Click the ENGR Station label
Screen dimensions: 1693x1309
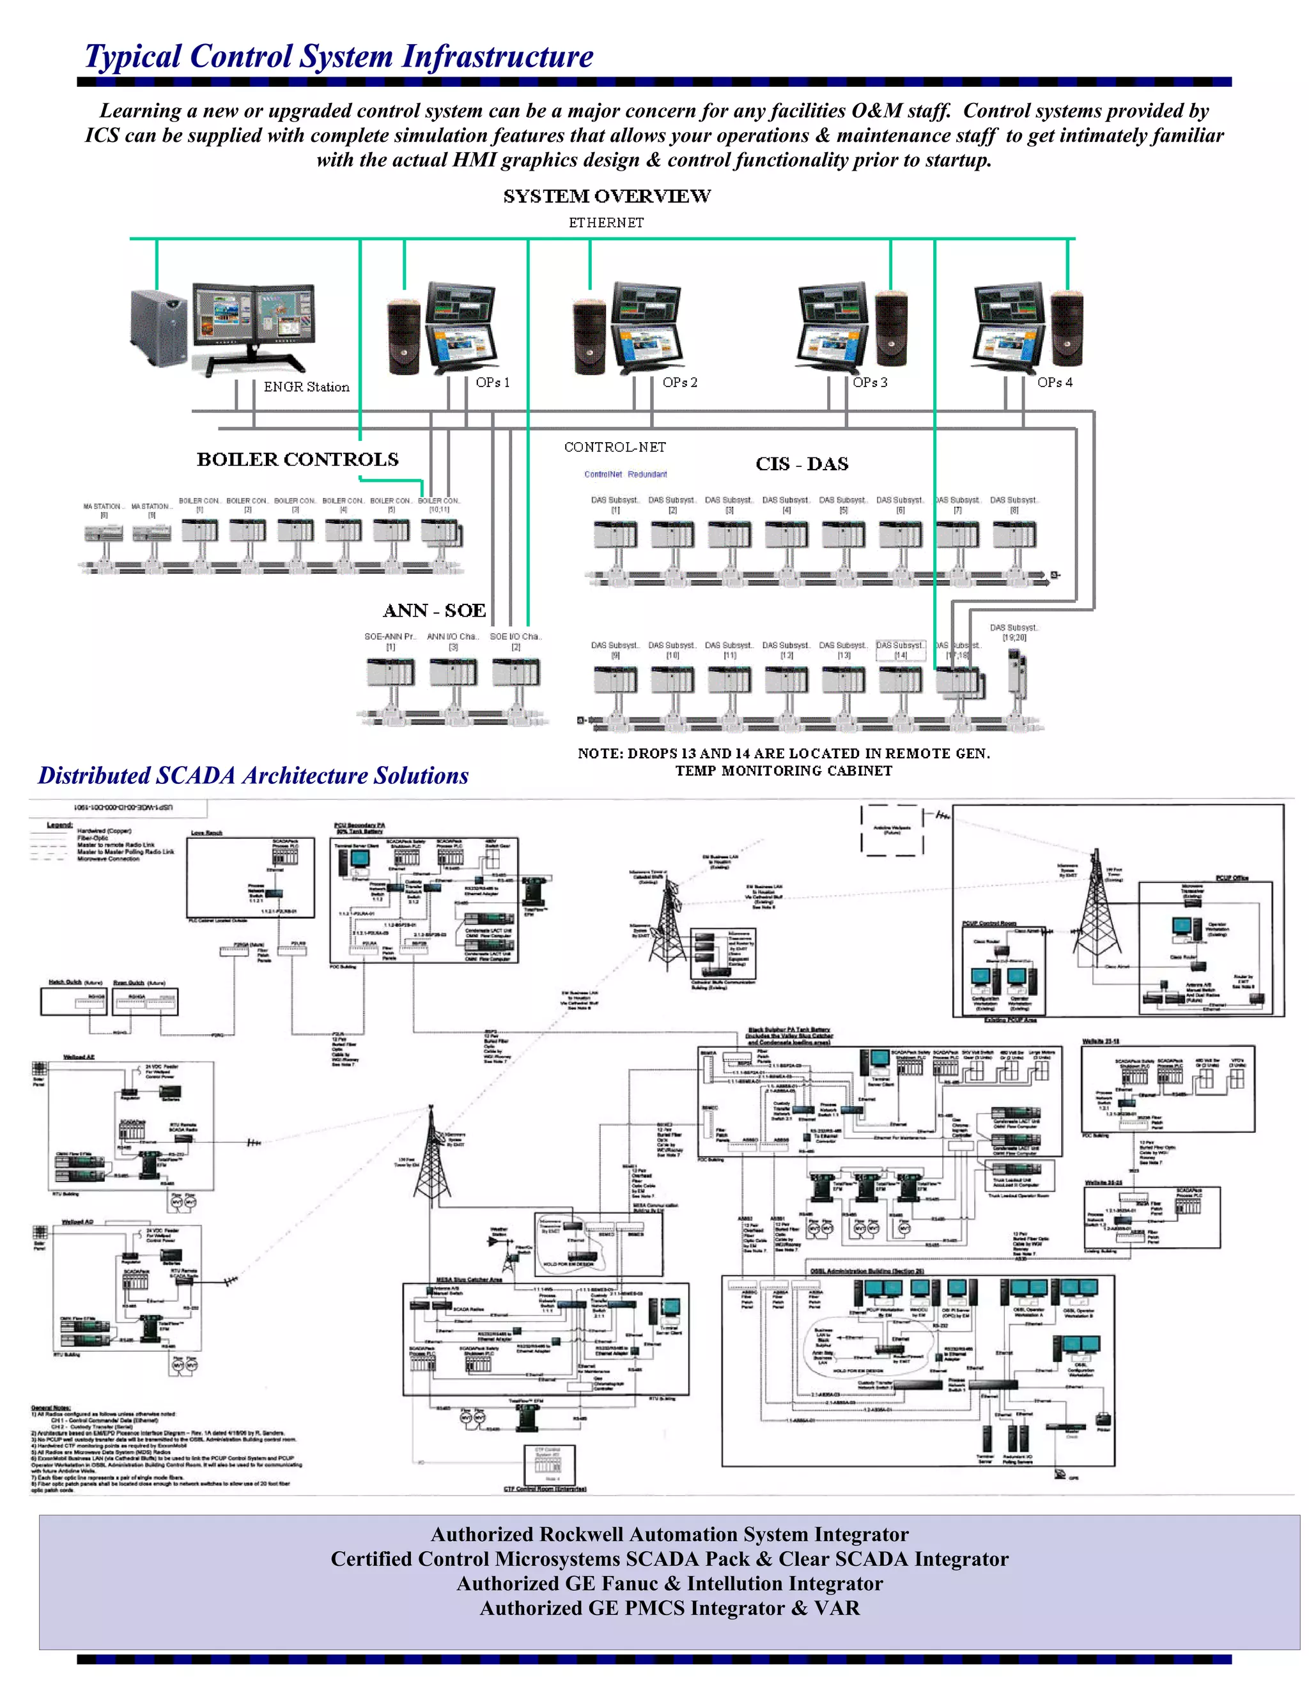click(306, 387)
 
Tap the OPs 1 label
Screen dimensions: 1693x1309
click(492, 382)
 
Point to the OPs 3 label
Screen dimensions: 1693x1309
click(869, 382)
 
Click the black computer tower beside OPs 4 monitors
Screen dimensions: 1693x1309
click(1067, 328)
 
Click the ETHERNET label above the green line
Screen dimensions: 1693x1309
click(606, 223)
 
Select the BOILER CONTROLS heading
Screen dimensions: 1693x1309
click(298, 460)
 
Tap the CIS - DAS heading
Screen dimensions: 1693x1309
click(802, 464)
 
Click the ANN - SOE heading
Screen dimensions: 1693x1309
click(434, 611)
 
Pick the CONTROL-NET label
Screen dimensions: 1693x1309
click(614, 447)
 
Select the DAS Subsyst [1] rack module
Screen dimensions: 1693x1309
click(615, 534)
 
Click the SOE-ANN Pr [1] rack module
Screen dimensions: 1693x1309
click(390, 672)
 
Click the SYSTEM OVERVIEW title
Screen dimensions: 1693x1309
click(607, 196)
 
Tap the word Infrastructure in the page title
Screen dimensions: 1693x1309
click(497, 57)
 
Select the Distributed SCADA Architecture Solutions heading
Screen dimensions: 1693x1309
click(254, 776)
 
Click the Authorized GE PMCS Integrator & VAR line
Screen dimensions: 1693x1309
click(669, 1608)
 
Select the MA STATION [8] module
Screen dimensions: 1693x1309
click(102, 533)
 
